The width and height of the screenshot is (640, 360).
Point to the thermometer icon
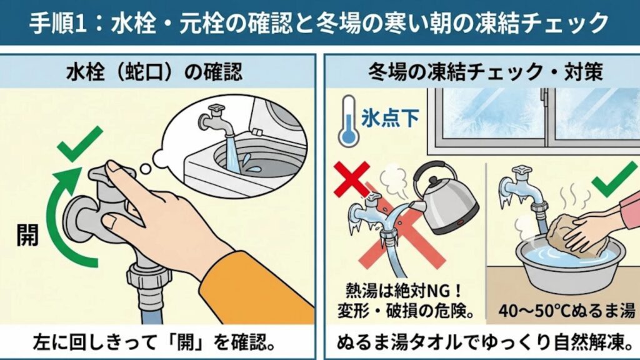click(346, 119)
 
